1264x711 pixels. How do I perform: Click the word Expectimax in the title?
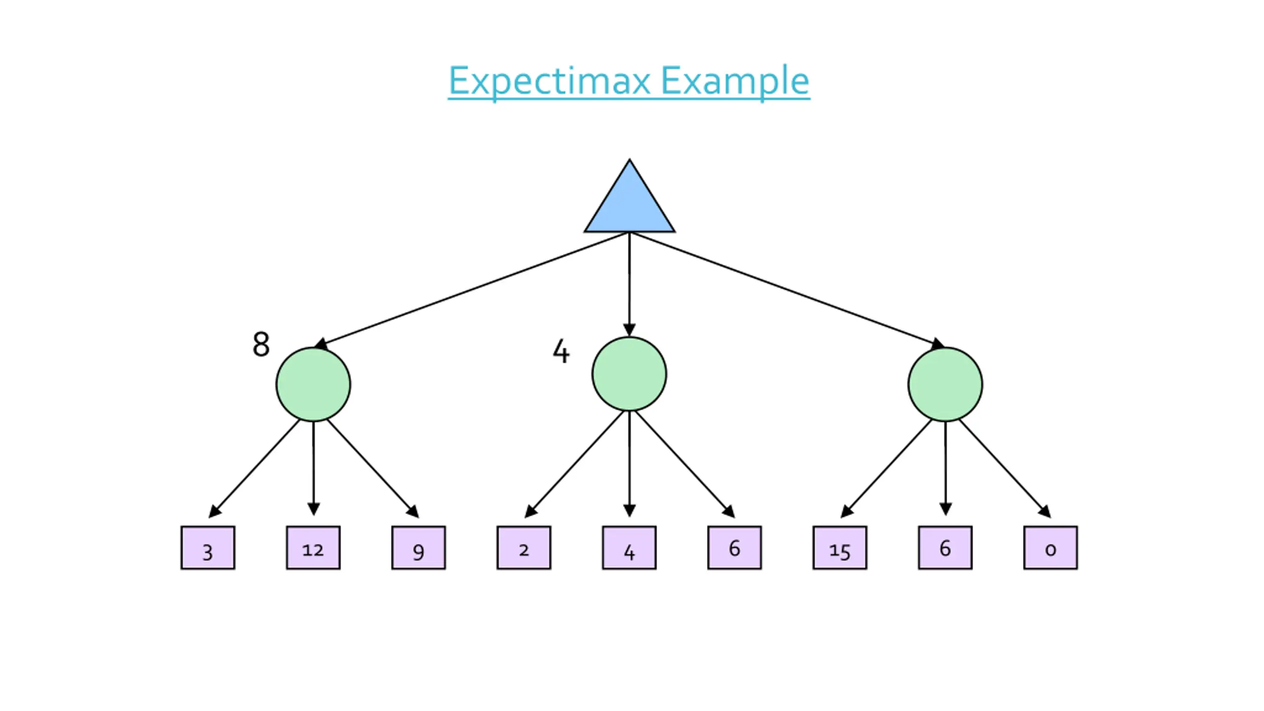pyautogui.click(x=549, y=81)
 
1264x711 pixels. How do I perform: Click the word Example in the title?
pyautogui.click(x=735, y=81)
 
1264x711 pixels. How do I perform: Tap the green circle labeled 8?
pyautogui.click(x=313, y=384)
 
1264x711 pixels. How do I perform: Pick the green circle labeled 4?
pyautogui.click(x=629, y=374)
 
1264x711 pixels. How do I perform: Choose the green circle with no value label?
pyautogui.click(x=945, y=384)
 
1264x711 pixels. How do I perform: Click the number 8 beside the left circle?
pyautogui.click(x=261, y=344)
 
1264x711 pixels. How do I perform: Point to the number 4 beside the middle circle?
pyautogui.click(x=561, y=351)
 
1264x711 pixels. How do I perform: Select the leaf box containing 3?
pyautogui.click(x=208, y=548)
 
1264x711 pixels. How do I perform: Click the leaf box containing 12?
pyautogui.click(x=313, y=548)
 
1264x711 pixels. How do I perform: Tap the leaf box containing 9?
pyautogui.click(x=419, y=548)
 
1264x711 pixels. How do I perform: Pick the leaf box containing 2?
pyautogui.click(x=524, y=548)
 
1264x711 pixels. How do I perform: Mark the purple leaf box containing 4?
pyautogui.click(x=629, y=548)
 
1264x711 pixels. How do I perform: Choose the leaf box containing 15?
pyautogui.click(x=840, y=548)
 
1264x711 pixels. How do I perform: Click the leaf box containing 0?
pyautogui.click(x=1051, y=548)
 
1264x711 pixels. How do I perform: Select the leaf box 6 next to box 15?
pyautogui.click(x=945, y=548)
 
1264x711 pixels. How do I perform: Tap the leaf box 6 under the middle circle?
pyautogui.click(x=735, y=548)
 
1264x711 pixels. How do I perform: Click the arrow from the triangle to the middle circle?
pyautogui.click(x=629, y=284)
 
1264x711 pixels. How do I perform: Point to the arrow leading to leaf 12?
pyautogui.click(x=313, y=469)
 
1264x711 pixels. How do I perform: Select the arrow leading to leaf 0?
pyautogui.click(x=1005, y=469)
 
